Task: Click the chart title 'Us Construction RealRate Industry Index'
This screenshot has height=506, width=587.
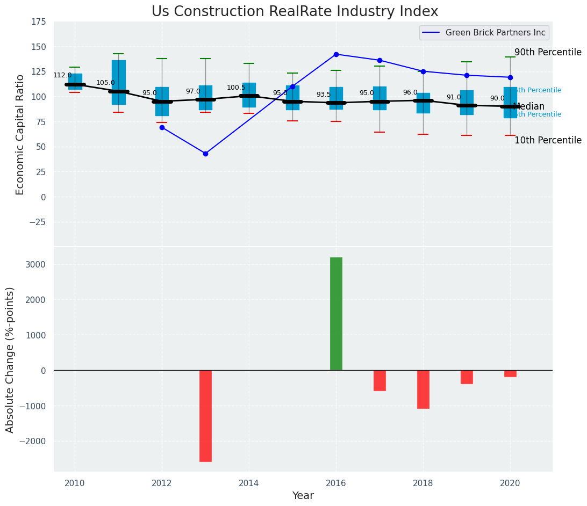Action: pyautogui.click(x=295, y=12)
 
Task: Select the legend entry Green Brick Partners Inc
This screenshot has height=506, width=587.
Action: pyautogui.click(x=495, y=33)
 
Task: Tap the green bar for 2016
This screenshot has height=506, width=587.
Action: pyautogui.click(x=336, y=314)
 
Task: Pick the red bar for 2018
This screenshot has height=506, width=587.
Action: pyautogui.click(x=423, y=389)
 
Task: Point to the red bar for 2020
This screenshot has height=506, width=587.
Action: pyautogui.click(x=510, y=373)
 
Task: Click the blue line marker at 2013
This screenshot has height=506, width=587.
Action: pyautogui.click(x=205, y=154)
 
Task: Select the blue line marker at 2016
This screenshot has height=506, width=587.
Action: pyautogui.click(x=336, y=54)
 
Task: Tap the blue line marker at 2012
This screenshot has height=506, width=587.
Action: pyautogui.click(x=162, y=127)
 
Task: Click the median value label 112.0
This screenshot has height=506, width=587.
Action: pyautogui.click(x=62, y=75)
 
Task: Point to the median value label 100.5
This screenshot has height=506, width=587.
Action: pyautogui.click(x=236, y=88)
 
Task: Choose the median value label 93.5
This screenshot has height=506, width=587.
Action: pyautogui.click(x=324, y=95)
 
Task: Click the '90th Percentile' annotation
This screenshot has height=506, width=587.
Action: pyautogui.click(x=548, y=52)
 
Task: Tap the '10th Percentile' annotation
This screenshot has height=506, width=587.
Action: pyautogui.click(x=548, y=140)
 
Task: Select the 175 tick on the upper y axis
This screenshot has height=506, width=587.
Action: pyautogui.click(x=38, y=22)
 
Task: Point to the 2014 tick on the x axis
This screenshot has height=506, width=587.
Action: pyautogui.click(x=249, y=483)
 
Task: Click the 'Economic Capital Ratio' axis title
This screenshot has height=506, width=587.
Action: pyautogui.click(x=20, y=134)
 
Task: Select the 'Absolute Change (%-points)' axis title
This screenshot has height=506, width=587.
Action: pyautogui.click(x=10, y=359)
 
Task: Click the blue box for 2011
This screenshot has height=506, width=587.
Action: pyautogui.click(x=118, y=82)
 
